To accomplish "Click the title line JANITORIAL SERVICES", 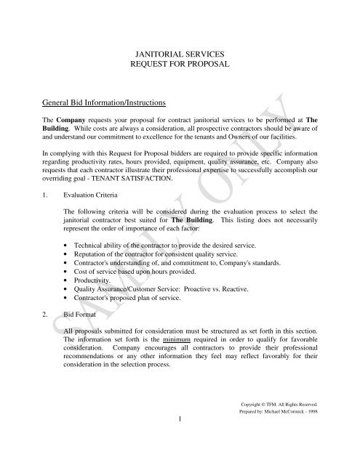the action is [180, 53].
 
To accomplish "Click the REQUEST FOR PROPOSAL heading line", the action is [180, 65].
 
